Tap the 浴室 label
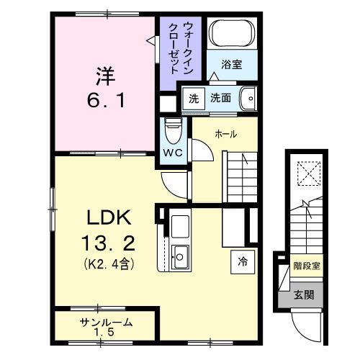pos(231,64)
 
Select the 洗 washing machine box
pos(193,98)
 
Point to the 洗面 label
pos(220,98)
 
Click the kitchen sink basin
pos(180,255)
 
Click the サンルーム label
pos(105,323)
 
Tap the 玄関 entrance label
pos(303,296)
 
